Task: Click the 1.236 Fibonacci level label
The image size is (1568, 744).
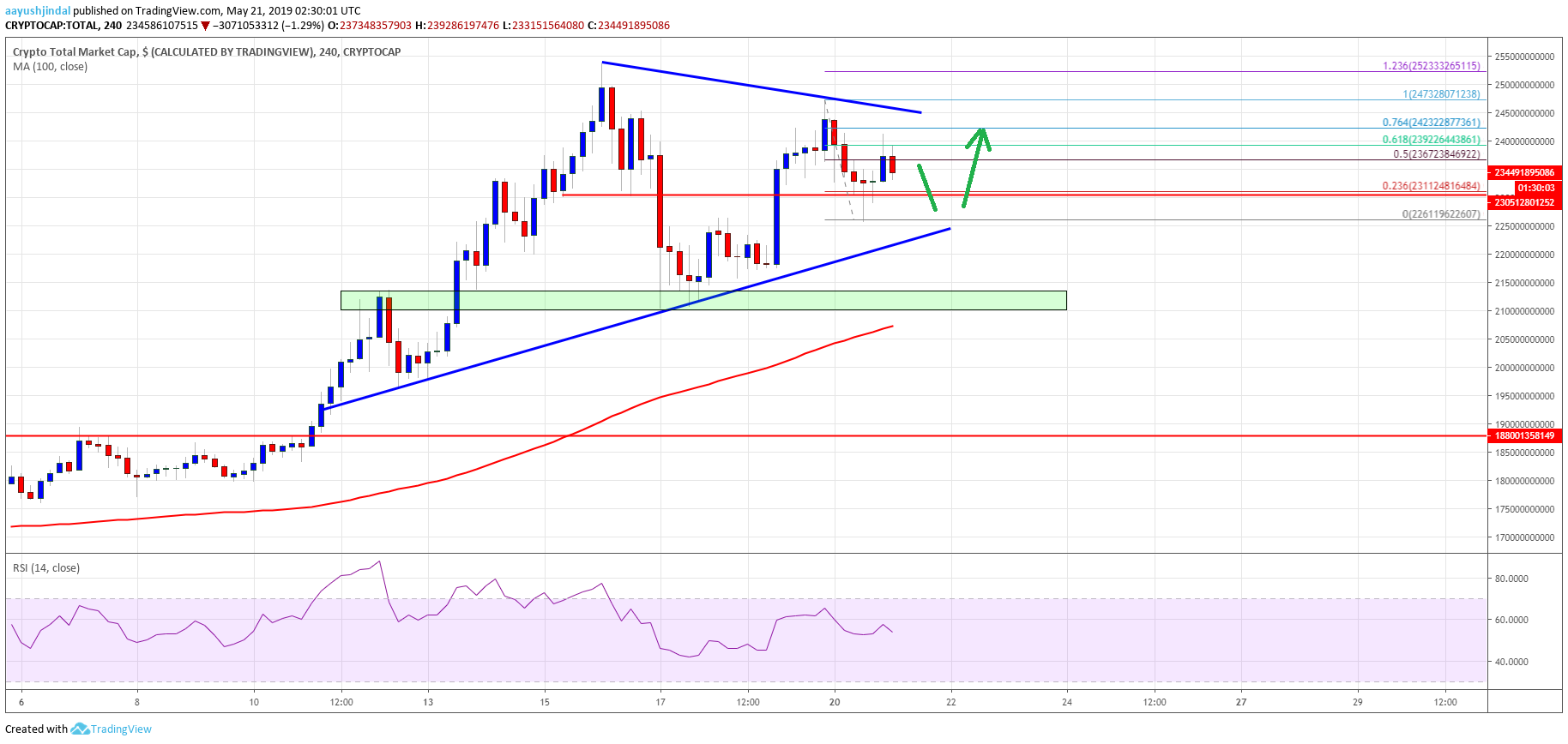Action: point(1431,66)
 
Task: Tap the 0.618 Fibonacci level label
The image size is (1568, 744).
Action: point(1431,140)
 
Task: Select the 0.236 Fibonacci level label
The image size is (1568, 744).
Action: point(1431,186)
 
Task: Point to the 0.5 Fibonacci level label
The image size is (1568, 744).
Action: point(1436,154)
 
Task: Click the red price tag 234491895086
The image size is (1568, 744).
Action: point(1524,172)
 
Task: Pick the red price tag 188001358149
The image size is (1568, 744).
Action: point(1524,435)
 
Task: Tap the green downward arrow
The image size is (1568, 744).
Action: point(926,187)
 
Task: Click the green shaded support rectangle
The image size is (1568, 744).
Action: point(703,300)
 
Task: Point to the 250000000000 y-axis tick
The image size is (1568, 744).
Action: point(1524,85)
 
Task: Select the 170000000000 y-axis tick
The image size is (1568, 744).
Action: point(1524,537)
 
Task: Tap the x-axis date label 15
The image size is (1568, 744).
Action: point(545,702)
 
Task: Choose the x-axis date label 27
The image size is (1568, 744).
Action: point(1241,702)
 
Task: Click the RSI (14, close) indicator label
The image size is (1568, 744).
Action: point(46,568)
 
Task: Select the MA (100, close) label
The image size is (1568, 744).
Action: point(50,67)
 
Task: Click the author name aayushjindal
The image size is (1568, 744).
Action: point(38,11)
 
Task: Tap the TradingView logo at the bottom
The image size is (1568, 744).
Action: point(112,729)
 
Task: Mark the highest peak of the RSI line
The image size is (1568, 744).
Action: point(379,562)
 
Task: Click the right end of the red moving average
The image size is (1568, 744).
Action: point(893,326)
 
